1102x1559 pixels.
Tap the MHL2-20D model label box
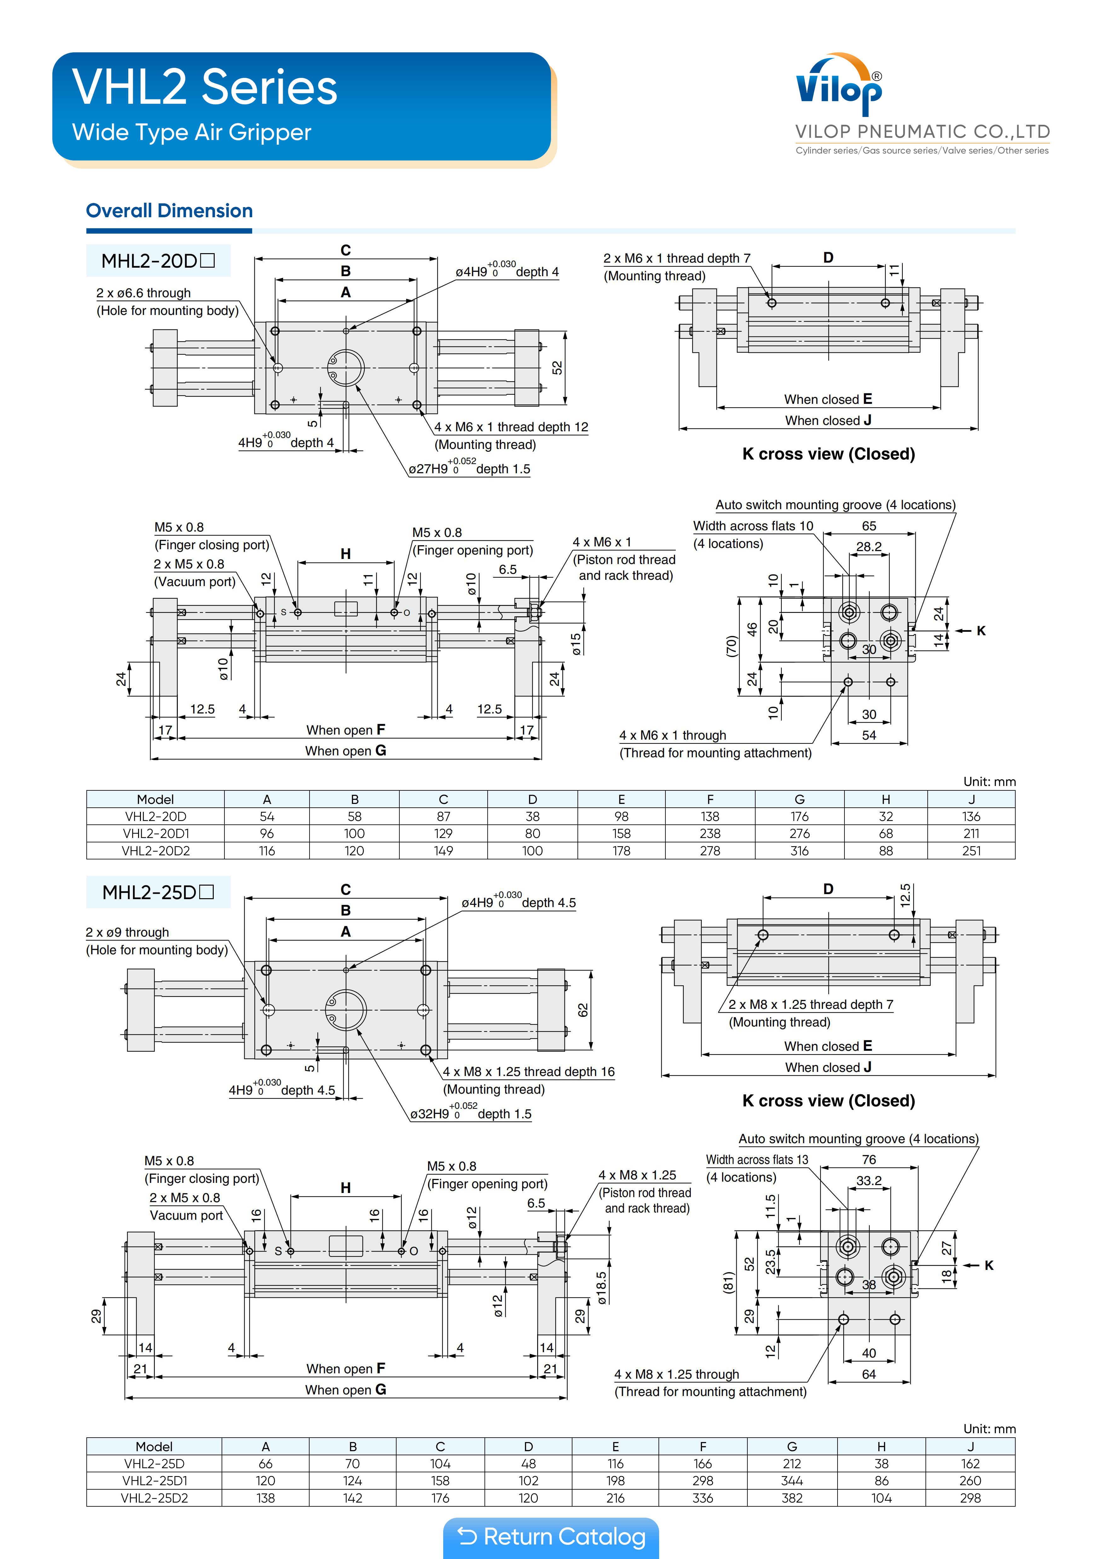(x=158, y=261)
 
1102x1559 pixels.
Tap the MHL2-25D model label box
(x=158, y=892)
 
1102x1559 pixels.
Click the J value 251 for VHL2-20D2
(x=971, y=851)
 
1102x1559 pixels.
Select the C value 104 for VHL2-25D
(x=440, y=1463)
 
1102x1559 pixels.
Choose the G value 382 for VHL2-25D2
(x=792, y=1498)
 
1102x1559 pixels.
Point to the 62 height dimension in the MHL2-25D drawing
(x=583, y=1010)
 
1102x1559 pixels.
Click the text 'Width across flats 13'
(x=757, y=1160)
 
